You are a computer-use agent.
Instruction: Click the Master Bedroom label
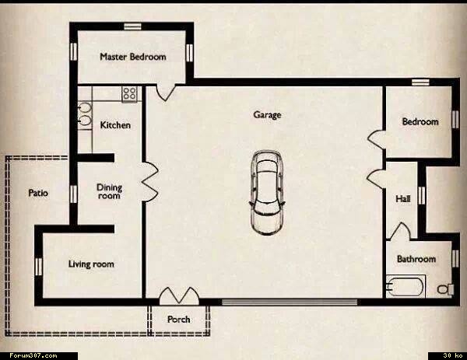pos(133,57)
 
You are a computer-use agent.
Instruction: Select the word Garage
pos(267,114)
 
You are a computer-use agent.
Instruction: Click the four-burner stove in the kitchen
pos(129,94)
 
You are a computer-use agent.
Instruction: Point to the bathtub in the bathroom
pos(405,287)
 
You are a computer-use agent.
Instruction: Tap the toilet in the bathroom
pos(445,289)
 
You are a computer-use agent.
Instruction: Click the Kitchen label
pos(115,125)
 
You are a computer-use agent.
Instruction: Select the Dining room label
pos(109,191)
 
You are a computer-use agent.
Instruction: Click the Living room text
pos(91,264)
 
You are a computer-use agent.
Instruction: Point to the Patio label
pos(38,193)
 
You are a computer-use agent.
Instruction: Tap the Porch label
pos(179,320)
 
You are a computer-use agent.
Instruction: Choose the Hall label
pos(403,198)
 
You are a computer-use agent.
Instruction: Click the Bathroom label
pos(416,259)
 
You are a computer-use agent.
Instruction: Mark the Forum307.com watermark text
pos(33,355)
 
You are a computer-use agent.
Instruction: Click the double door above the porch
pos(179,295)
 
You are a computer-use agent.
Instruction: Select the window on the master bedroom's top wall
pos(132,26)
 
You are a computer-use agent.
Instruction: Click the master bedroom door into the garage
pos(166,93)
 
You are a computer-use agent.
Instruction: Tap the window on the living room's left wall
pos(39,267)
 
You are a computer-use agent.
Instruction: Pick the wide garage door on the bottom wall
pos(290,302)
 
